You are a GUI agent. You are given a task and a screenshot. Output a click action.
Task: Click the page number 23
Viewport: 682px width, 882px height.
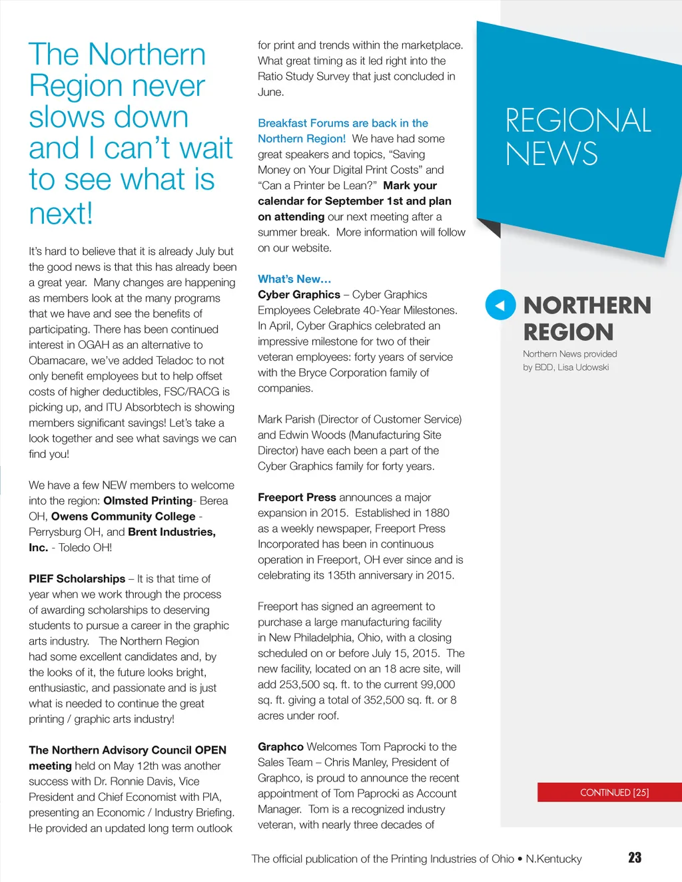tap(635, 857)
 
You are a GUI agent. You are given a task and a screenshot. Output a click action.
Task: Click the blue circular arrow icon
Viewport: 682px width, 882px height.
tap(500, 306)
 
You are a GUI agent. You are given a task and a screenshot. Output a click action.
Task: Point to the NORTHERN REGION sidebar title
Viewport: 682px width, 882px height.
tap(587, 318)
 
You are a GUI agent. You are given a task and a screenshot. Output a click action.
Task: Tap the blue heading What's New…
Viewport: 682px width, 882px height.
tap(294, 279)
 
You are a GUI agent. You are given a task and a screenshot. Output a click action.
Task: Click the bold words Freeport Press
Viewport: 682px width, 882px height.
tap(297, 497)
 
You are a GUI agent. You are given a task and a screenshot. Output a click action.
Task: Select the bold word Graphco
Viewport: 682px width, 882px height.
tap(280, 747)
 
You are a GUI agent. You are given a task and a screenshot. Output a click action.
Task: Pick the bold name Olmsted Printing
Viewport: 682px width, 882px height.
tap(148, 501)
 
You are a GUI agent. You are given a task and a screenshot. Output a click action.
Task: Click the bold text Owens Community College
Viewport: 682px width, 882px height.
tap(123, 517)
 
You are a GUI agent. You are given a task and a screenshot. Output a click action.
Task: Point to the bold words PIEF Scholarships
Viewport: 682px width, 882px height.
tap(77, 578)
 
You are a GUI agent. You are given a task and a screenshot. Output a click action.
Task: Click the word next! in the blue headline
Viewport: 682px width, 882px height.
tap(61, 214)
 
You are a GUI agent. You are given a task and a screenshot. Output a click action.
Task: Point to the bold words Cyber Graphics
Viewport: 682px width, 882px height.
tap(299, 295)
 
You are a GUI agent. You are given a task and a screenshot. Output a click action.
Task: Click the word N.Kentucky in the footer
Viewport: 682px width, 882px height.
tap(553, 859)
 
